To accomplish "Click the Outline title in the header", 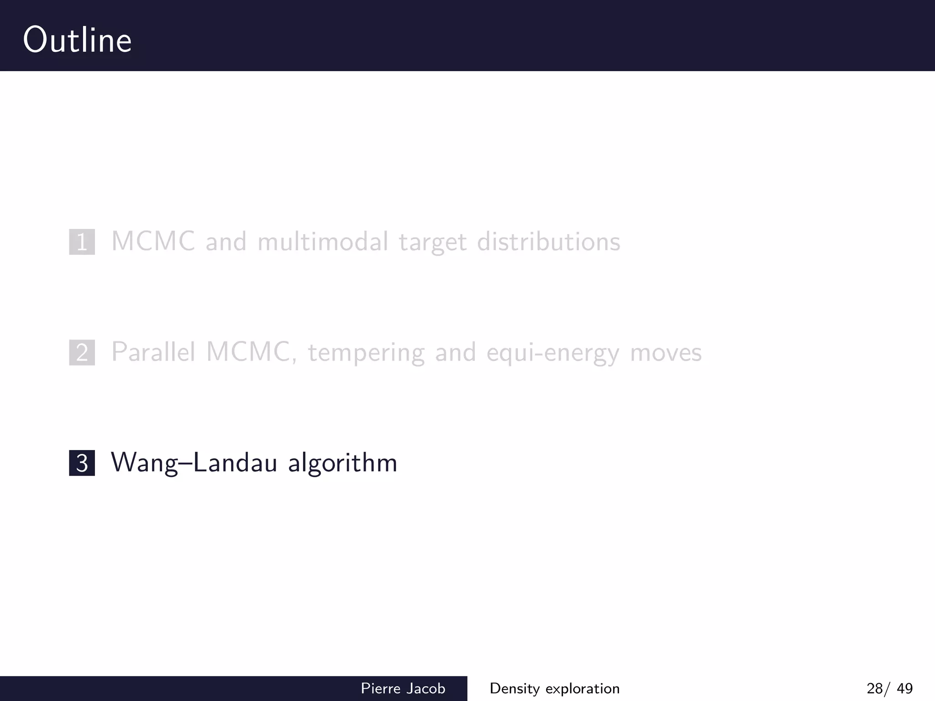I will click(77, 40).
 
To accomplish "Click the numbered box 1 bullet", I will click(82, 242).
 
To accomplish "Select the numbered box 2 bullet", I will click(82, 353).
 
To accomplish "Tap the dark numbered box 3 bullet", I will click(82, 463).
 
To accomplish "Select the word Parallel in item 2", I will click(153, 352).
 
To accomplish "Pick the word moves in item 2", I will click(666, 353).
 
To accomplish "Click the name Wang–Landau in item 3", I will click(194, 462).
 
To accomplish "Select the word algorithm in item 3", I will click(342, 463).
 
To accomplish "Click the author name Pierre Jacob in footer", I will click(403, 688).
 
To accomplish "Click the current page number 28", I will click(875, 688).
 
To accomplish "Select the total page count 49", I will click(904, 688).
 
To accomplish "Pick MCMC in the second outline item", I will click(248, 352).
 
